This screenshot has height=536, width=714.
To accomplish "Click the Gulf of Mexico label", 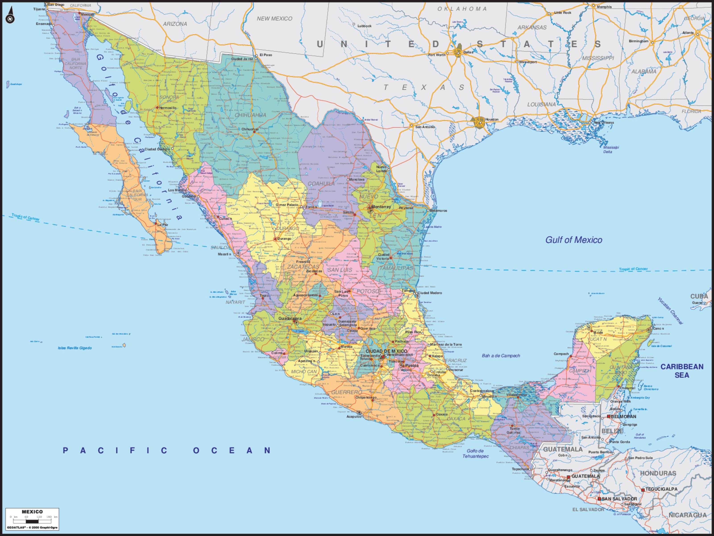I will click(x=574, y=240).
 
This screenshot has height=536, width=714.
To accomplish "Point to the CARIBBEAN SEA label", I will click(x=682, y=371).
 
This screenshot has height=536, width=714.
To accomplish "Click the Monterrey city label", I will click(x=381, y=207).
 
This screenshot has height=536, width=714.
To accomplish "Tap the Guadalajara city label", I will click(x=290, y=318).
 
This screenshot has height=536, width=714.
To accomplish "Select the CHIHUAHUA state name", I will click(x=251, y=115).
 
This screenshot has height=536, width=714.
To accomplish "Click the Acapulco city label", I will click(x=354, y=417).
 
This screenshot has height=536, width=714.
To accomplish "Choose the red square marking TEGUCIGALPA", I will click(x=643, y=490).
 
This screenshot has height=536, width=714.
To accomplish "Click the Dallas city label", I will click(x=468, y=52).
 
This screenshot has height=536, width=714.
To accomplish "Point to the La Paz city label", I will click(x=163, y=224).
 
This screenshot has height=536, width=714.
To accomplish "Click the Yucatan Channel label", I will click(x=670, y=311).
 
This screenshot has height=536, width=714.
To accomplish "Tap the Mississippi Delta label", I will click(x=611, y=149).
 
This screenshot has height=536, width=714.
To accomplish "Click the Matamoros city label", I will click(x=439, y=210).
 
